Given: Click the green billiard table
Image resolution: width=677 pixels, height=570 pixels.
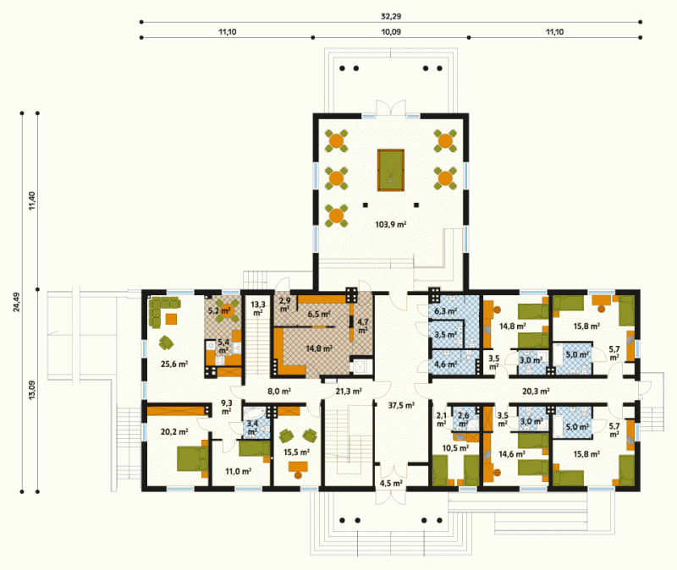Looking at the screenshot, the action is click(391, 170).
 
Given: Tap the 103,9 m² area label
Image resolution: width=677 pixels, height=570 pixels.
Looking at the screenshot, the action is click(391, 224).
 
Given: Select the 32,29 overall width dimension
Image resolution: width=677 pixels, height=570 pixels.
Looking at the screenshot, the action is click(391, 16).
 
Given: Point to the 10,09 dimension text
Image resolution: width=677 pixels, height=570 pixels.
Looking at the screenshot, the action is click(391, 32).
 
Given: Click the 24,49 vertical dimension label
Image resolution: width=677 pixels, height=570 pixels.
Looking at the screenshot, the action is click(16, 302).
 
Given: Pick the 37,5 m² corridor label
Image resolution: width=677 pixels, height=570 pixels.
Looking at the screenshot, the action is click(401, 405).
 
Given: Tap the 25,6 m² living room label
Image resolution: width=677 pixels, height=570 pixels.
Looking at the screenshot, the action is click(174, 364).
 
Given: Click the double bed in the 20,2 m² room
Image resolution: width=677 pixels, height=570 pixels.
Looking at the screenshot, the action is click(192, 458).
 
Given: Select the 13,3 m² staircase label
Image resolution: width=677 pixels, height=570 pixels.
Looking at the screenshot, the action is click(258, 309).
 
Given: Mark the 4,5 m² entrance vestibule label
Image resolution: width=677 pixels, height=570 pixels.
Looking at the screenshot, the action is click(391, 483).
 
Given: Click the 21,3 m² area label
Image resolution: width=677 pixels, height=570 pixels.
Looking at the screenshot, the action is click(349, 392).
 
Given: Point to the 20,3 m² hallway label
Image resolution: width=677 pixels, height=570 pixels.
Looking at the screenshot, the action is click(536, 392).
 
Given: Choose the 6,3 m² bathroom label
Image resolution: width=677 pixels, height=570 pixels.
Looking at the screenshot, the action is click(446, 310).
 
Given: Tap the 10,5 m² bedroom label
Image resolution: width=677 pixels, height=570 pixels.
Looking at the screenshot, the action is click(455, 448).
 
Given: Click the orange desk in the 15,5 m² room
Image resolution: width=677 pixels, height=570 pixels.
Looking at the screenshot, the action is click(298, 467).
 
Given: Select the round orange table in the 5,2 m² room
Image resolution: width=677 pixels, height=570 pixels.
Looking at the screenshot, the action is click(225, 310).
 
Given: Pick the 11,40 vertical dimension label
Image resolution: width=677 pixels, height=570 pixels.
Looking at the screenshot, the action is click(32, 201).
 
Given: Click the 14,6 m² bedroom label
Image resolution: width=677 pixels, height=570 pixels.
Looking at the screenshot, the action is click(512, 454).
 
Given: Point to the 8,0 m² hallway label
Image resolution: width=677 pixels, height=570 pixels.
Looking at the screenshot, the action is click(279, 392).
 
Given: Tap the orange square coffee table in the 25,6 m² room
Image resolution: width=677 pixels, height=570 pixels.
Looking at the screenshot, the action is click(172, 319).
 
